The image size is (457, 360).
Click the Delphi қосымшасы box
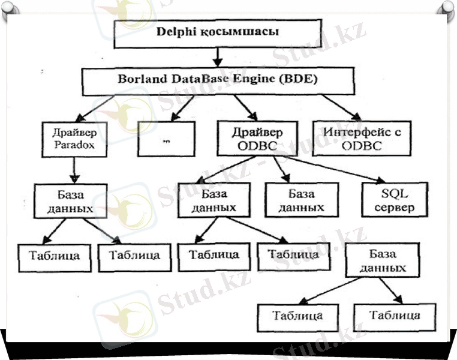click(218, 33)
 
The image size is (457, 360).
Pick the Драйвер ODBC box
click(257, 139)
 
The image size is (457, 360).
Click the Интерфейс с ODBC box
click(353, 139)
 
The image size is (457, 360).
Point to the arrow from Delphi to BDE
click(218, 56)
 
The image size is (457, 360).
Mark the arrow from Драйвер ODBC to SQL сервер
click(336, 169)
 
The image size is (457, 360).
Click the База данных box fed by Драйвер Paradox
click(71, 202)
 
